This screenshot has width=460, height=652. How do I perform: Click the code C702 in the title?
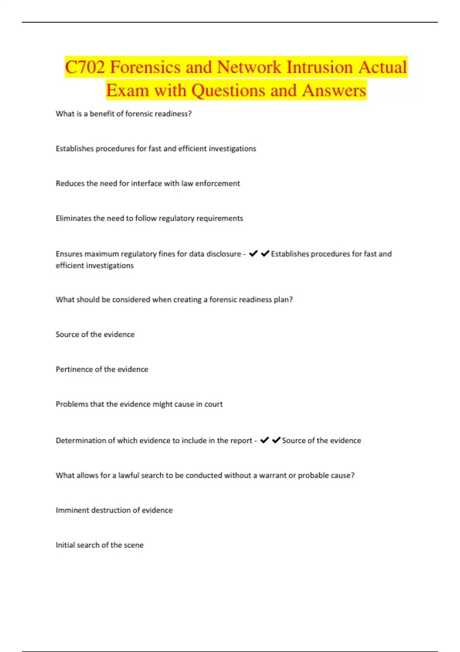[x=85, y=68]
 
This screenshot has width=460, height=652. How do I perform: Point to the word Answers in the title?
[x=334, y=91]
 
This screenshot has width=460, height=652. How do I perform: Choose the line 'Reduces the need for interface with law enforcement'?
[x=148, y=183]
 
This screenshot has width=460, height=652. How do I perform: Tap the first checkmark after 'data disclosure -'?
[x=253, y=254]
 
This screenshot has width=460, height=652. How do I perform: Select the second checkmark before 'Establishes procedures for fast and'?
[x=265, y=254]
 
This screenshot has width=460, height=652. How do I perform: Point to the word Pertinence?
[x=74, y=369]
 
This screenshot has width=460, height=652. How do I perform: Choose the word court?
[x=214, y=404]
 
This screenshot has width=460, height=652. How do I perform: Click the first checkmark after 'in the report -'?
[x=264, y=440]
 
